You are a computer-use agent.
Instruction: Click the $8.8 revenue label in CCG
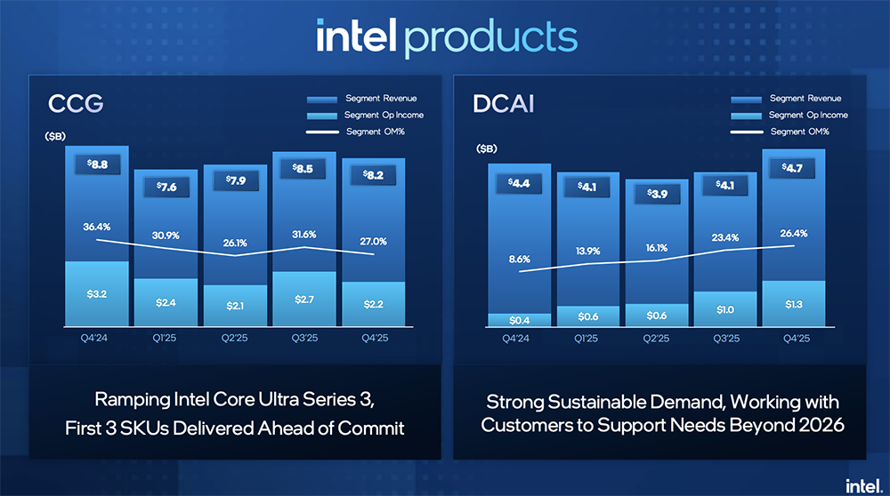click(97, 164)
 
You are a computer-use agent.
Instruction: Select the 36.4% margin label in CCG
click(97, 228)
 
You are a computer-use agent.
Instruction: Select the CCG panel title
click(77, 104)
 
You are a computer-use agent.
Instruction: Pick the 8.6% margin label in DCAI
click(520, 259)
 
